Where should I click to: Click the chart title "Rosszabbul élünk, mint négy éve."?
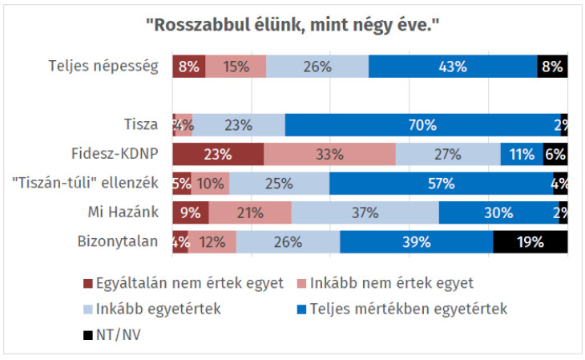point(292,26)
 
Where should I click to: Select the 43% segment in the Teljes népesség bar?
point(452,67)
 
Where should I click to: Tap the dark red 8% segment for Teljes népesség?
point(188,67)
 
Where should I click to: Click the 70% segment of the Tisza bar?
point(422,125)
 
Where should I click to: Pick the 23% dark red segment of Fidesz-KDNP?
point(218,154)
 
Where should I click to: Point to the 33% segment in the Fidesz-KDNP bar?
point(329,154)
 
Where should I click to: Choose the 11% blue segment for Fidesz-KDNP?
point(521,154)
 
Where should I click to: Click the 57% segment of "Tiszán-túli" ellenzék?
point(441,184)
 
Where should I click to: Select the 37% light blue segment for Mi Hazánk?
point(365,212)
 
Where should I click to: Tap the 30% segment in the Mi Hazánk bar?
point(498,212)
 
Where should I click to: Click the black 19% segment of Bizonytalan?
point(530,241)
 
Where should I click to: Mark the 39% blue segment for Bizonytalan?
point(416,241)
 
